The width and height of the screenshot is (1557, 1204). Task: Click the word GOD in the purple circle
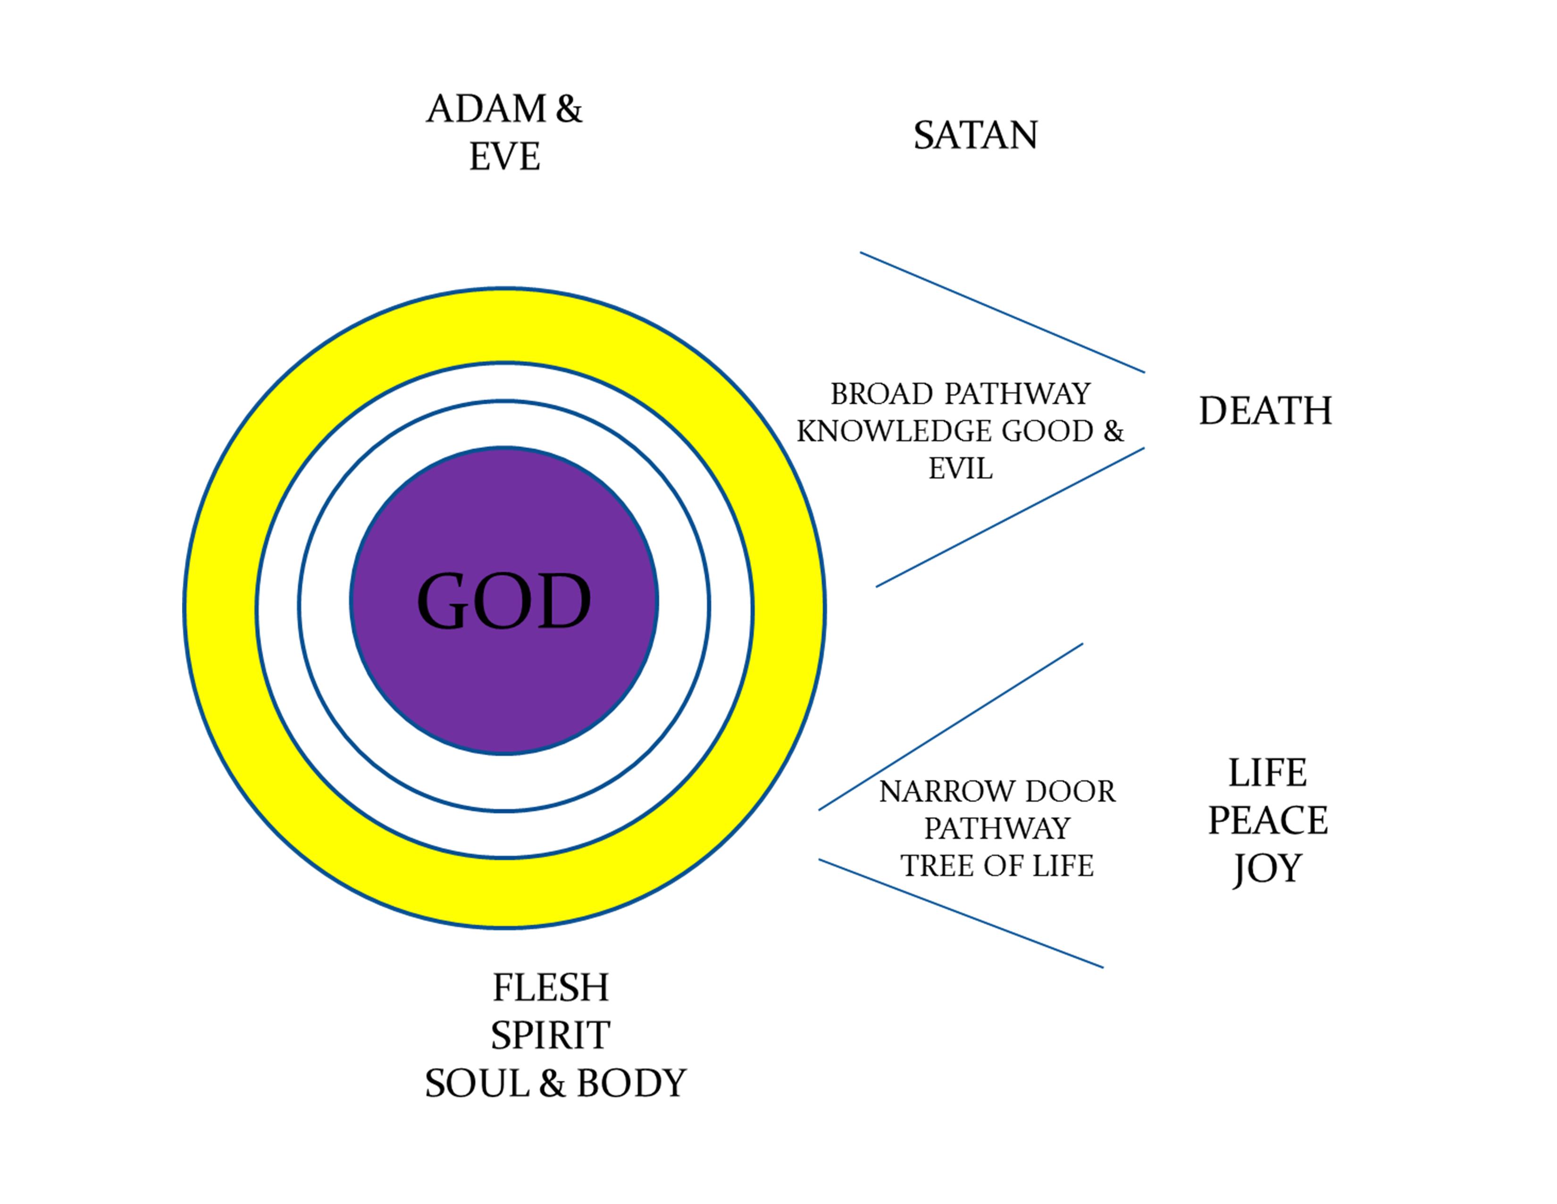(x=503, y=601)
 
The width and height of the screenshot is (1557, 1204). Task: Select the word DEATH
(x=1265, y=411)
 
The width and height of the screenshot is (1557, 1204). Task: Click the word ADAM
(x=486, y=109)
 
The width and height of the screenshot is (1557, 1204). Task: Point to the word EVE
(x=504, y=157)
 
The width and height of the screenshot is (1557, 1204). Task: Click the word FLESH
(x=550, y=988)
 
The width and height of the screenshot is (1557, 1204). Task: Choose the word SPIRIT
(x=550, y=1035)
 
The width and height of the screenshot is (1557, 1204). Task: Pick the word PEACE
(x=1268, y=820)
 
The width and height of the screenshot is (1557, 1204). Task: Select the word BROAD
(x=882, y=394)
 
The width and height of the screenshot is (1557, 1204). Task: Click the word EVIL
(x=960, y=469)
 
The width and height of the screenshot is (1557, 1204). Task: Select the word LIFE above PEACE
(x=1268, y=772)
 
